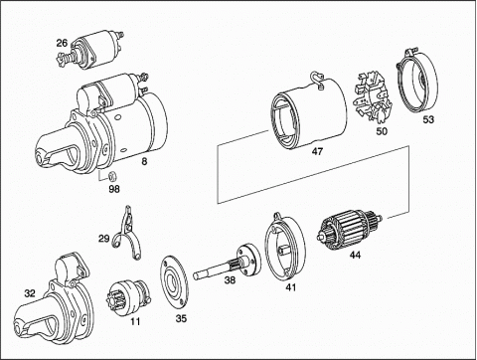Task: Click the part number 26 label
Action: tap(62, 43)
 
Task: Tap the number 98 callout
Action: tap(114, 189)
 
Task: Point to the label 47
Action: tap(317, 151)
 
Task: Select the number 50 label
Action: tap(382, 131)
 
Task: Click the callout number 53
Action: tap(428, 119)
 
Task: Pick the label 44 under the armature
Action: tap(355, 255)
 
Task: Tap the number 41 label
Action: tap(291, 287)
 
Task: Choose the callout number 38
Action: tap(230, 280)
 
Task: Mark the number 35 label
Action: tap(181, 318)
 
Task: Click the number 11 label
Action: tap(135, 321)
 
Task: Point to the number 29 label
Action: tap(104, 239)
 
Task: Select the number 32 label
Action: tap(30, 293)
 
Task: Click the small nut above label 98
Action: tap(113, 176)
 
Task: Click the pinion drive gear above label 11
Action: tap(128, 298)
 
